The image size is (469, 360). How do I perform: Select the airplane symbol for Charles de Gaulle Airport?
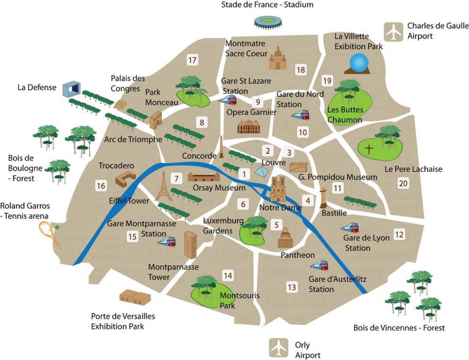pyautogui.click(x=393, y=32)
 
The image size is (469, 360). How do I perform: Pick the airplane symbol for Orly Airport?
pyautogui.click(x=279, y=346)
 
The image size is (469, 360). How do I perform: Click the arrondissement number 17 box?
pyautogui.click(x=192, y=60)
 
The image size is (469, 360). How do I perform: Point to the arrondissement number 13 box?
pyautogui.click(x=292, y=288)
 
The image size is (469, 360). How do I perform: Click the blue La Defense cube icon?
pyautogui.click(x=72, y=90)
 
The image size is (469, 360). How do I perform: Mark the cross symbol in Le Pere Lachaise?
pyautogui.click(x=369, y=149)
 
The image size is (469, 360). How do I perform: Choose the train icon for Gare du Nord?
pyautogui.click(x=300, y=115)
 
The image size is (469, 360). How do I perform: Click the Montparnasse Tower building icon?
pyautogui.click(x=190, y=245)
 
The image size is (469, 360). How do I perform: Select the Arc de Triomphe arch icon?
pyautogui.click(x=156, y=120)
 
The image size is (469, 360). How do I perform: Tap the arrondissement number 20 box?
pyautogui.click(x=403, y=183)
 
